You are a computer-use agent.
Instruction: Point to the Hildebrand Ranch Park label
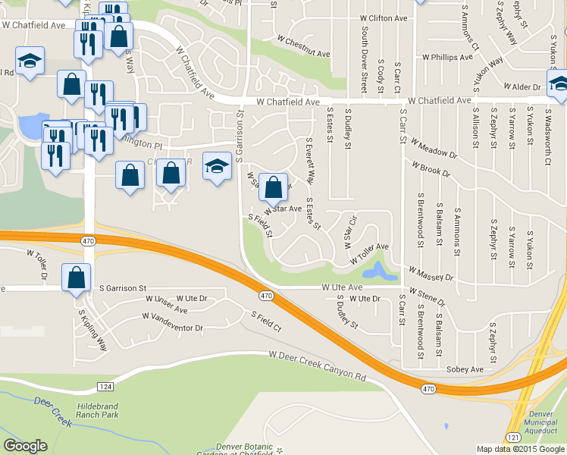[x=108, y=410]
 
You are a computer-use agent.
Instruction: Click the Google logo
[x=26, y=446]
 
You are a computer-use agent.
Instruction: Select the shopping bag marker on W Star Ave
[x=275, y=186]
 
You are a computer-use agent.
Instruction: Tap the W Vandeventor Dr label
[x=173, y=323]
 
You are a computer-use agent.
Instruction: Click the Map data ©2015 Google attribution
[x=521, y=449]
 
